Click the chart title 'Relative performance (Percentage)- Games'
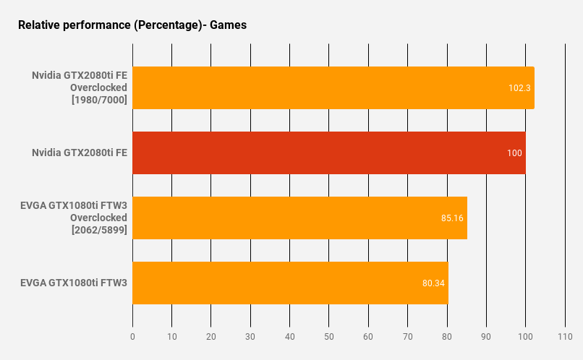point(132,25)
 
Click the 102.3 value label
point(519,88)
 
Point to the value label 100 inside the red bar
point(514,153)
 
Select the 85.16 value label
point(451,218)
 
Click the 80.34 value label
point(433,283)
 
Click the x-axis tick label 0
point(132,336)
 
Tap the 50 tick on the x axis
point(329,336)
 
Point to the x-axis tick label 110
point(565,336)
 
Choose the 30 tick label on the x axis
point(250,336)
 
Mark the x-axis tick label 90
point(486,336)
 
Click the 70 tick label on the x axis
point(407,336)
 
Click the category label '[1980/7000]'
point(100,100)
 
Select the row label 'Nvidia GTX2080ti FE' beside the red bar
point(80,153)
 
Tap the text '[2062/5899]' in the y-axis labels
point(100,230)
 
